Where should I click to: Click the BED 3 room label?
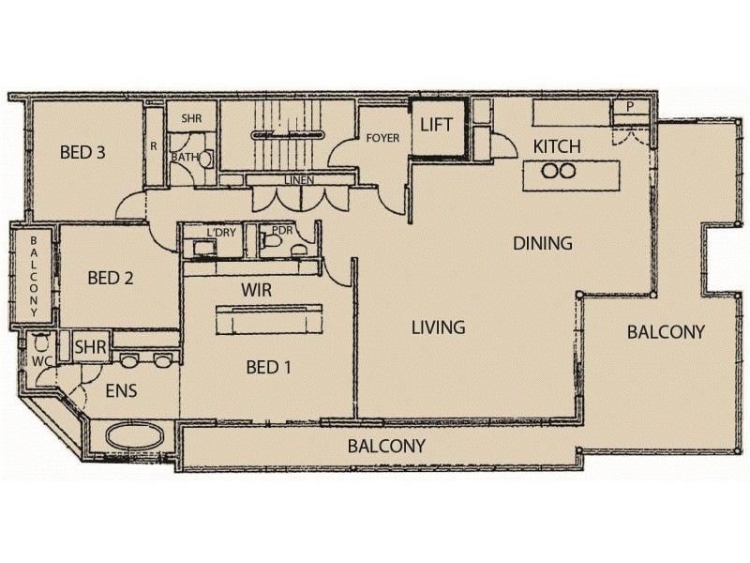[x=82, y=152]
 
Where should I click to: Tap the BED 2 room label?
[x=112, y=278]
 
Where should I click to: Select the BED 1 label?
[x=268, y=368]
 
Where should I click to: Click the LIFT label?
[x=437, y=125]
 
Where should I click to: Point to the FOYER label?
[x=382, y=138]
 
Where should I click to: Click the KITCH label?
[x=557, y=146]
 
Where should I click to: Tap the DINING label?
[x=542, y=243]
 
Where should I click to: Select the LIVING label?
[x=439, y=327]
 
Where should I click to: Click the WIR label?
[x=257, y=291]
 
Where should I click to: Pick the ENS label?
[x=120, y=391]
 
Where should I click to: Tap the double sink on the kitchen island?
[x=558, y=171]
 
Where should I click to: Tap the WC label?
[x=39, y=359]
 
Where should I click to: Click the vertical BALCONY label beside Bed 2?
[x=34, y=276]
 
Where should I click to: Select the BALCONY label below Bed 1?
[x=386, y=446]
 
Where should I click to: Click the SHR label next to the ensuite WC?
[x=90, y=347]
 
